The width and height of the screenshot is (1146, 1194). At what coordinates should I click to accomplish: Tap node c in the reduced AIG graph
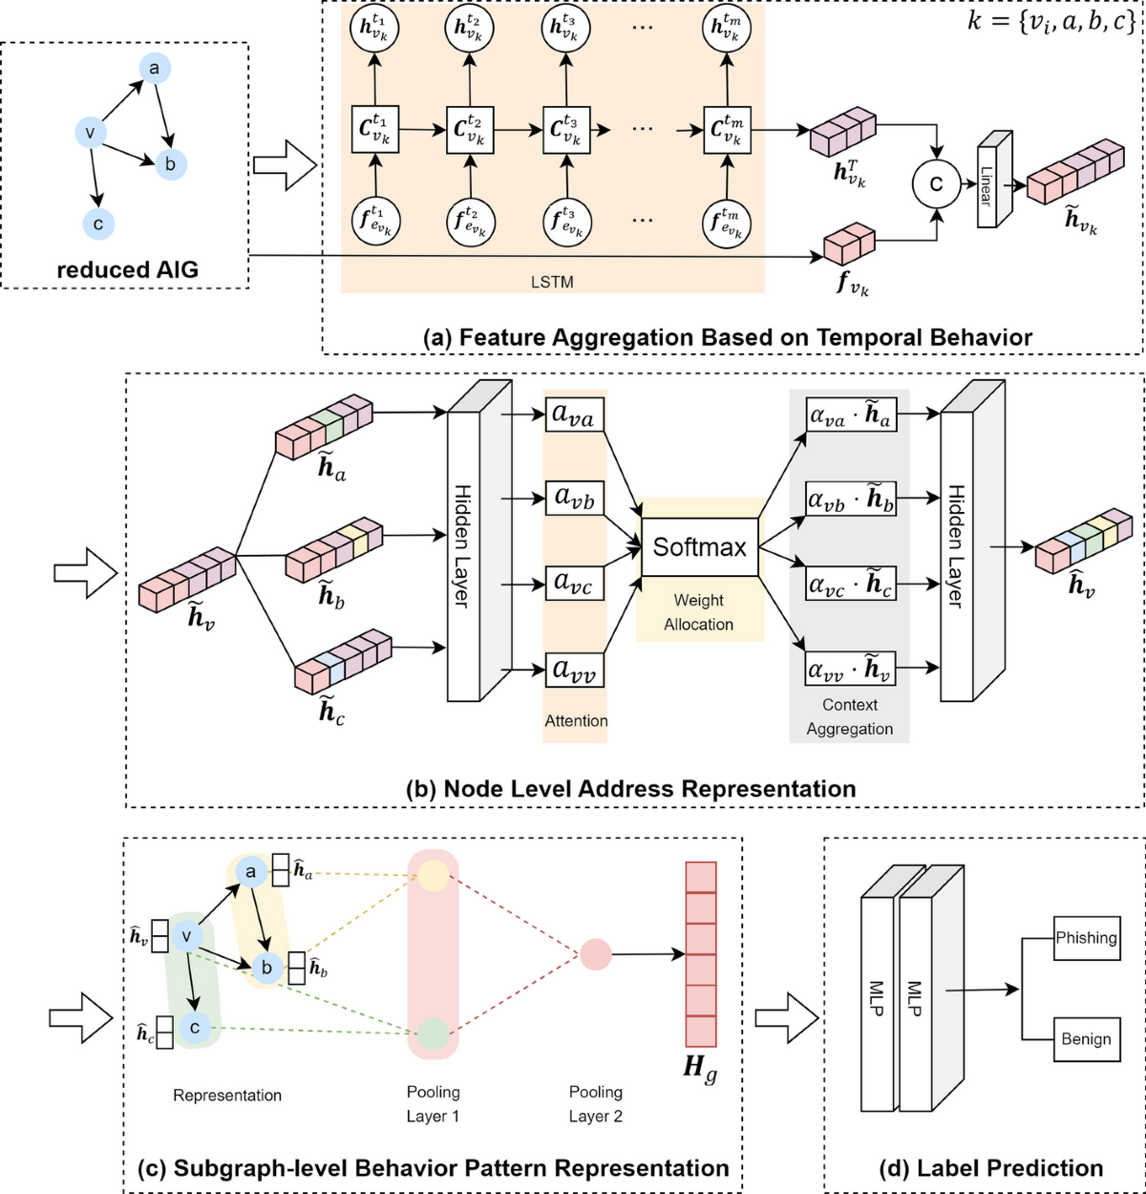(97, 224)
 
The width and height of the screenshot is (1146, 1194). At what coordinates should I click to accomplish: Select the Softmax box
(700, 547)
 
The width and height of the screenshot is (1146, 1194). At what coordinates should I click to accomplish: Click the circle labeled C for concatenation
(936, 184)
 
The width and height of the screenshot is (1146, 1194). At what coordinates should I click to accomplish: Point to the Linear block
(991, 181)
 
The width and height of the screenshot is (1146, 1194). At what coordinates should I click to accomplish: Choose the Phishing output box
(1086, 938)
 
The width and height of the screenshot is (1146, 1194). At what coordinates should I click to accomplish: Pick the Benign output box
(1086, 1038)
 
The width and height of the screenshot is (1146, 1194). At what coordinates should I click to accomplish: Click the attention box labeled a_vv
(575, 670)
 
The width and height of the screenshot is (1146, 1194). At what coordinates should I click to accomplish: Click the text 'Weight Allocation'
(699, 612)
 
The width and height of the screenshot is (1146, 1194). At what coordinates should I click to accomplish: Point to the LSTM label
(552, 283)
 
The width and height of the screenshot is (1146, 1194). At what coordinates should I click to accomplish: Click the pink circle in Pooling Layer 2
(596, 953)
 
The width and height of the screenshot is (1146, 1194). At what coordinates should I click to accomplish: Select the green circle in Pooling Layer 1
(433, 1033)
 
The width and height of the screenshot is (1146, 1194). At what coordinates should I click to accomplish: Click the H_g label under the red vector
(700, 1068)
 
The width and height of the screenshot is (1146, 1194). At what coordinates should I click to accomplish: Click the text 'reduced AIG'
(127, 269)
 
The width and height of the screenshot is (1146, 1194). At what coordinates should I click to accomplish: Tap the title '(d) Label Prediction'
(984, 1167)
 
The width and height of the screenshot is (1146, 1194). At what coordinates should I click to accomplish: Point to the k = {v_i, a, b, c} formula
(1050, 22)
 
